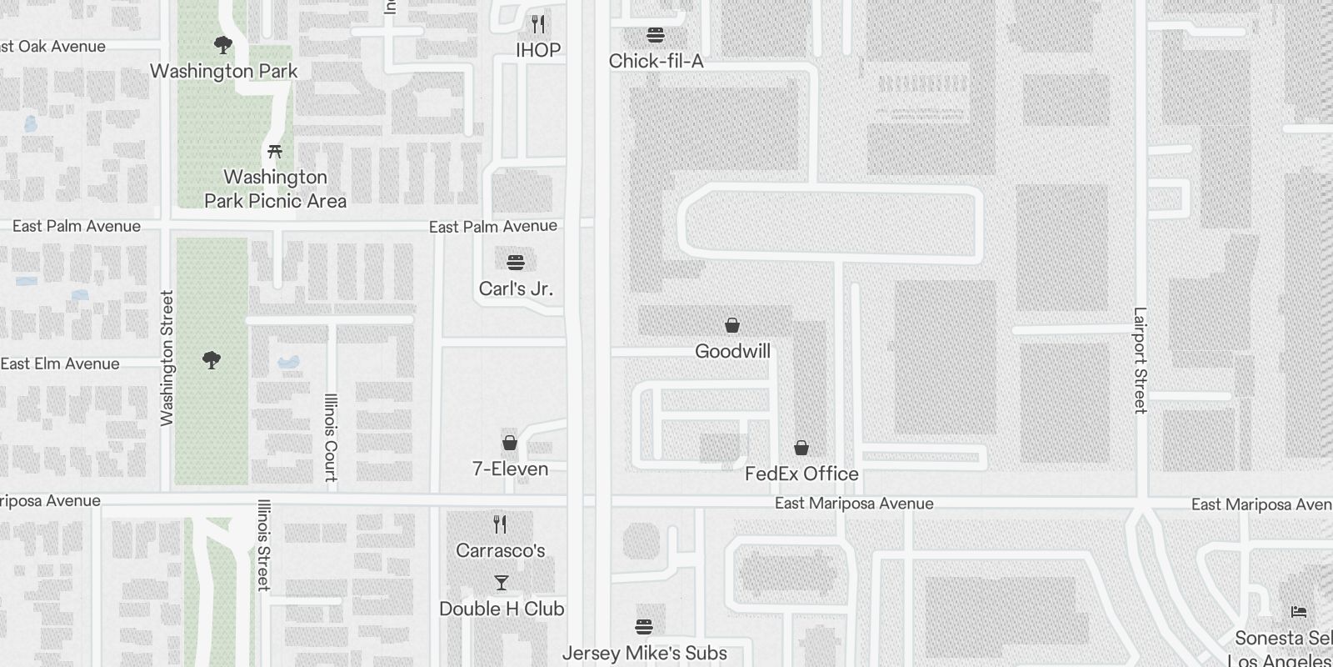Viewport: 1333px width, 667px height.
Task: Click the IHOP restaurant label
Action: [538, 50]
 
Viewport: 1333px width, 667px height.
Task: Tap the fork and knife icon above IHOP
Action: [538, 23]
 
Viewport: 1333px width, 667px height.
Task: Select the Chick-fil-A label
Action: [656, 61]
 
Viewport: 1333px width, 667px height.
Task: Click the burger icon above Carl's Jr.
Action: [516, 263]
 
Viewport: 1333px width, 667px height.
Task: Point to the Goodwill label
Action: [732, 351]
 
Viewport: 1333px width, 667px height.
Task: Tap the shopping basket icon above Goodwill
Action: [732, 325]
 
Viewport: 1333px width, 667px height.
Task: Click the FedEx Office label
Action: [801, 474]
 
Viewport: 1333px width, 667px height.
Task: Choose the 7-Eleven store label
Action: [510, 469]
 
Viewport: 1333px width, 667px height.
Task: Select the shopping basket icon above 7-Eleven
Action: [510, 443]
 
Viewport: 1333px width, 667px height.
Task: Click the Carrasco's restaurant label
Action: [501, 550]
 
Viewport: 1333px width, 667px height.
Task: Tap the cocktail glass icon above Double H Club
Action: [501, 582]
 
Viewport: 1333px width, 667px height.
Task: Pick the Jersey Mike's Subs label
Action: [644, 653]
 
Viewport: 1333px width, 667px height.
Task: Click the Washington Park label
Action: [223, 71]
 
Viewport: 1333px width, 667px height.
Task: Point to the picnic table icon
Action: [275, 152]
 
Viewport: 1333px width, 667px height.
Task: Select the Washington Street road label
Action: [167, 359]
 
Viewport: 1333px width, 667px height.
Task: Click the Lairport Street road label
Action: [1140, 360]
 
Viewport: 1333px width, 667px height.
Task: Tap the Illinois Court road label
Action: [331, 438]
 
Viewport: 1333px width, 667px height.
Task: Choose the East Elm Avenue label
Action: [60, 364]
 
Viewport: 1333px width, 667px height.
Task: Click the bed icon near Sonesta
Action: [1298, 612]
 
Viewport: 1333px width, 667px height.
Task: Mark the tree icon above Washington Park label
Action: [222, 44]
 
